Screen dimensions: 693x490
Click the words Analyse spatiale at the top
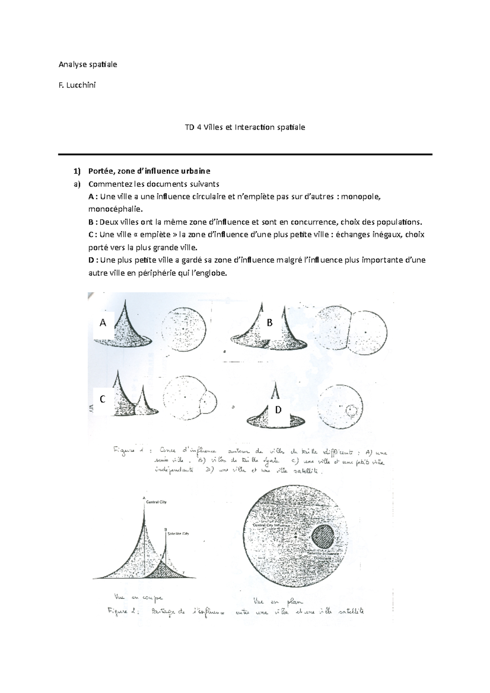[x=88, y=64]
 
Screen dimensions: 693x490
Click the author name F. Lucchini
[x=77, y=85]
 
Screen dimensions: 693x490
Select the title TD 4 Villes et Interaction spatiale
[x=245, y=127]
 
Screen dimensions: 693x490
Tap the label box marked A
[x=103, y=323]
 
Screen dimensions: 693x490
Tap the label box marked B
[x=269, y=323]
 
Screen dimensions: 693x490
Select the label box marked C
[x=103, y=399]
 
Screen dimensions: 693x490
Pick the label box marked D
[x=278, y=409]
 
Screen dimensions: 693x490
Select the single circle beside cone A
[x=183, y=329]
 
